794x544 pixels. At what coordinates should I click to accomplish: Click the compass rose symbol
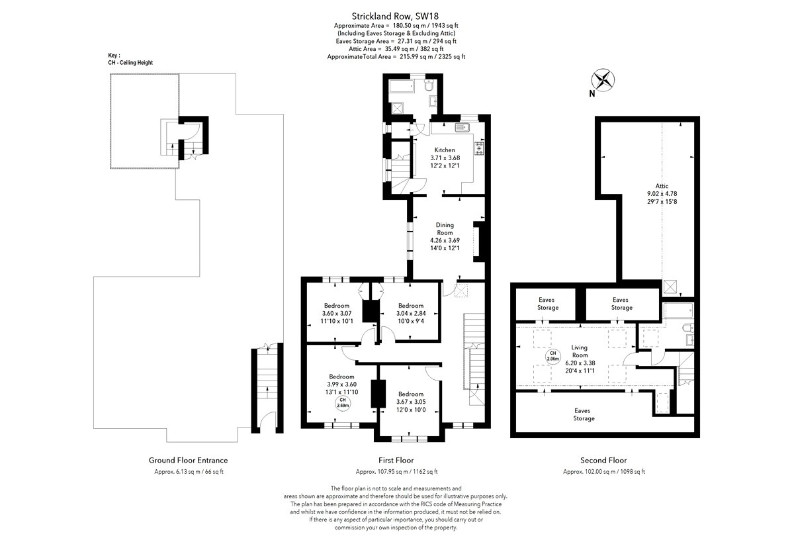point(603,80)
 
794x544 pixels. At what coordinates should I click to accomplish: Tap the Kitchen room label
point(445,150)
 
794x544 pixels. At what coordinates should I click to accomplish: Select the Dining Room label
point(445,229)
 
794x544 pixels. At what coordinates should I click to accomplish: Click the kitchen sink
point(463,127)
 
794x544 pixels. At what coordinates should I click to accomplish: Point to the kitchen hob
point(480,149)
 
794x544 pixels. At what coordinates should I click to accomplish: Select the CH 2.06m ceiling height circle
point(552,356)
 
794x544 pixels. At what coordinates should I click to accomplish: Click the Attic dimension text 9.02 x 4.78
point(662,194)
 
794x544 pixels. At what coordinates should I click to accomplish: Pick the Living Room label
point(580,351)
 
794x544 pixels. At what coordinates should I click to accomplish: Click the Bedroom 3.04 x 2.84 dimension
point(411,314)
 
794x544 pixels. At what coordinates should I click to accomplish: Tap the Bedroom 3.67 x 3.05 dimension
point(411,402)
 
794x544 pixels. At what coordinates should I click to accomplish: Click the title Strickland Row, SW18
point(395,17)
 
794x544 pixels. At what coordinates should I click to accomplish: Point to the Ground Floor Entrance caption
point(188,461)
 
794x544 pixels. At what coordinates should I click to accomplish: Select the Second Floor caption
point(603,461)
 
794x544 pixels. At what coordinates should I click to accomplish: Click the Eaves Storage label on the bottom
point(583,414)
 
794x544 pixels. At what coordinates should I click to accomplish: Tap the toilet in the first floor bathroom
point(429,85)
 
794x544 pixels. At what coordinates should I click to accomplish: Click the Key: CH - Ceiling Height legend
point(130,59)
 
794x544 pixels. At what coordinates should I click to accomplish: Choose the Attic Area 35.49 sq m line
point(396,49)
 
